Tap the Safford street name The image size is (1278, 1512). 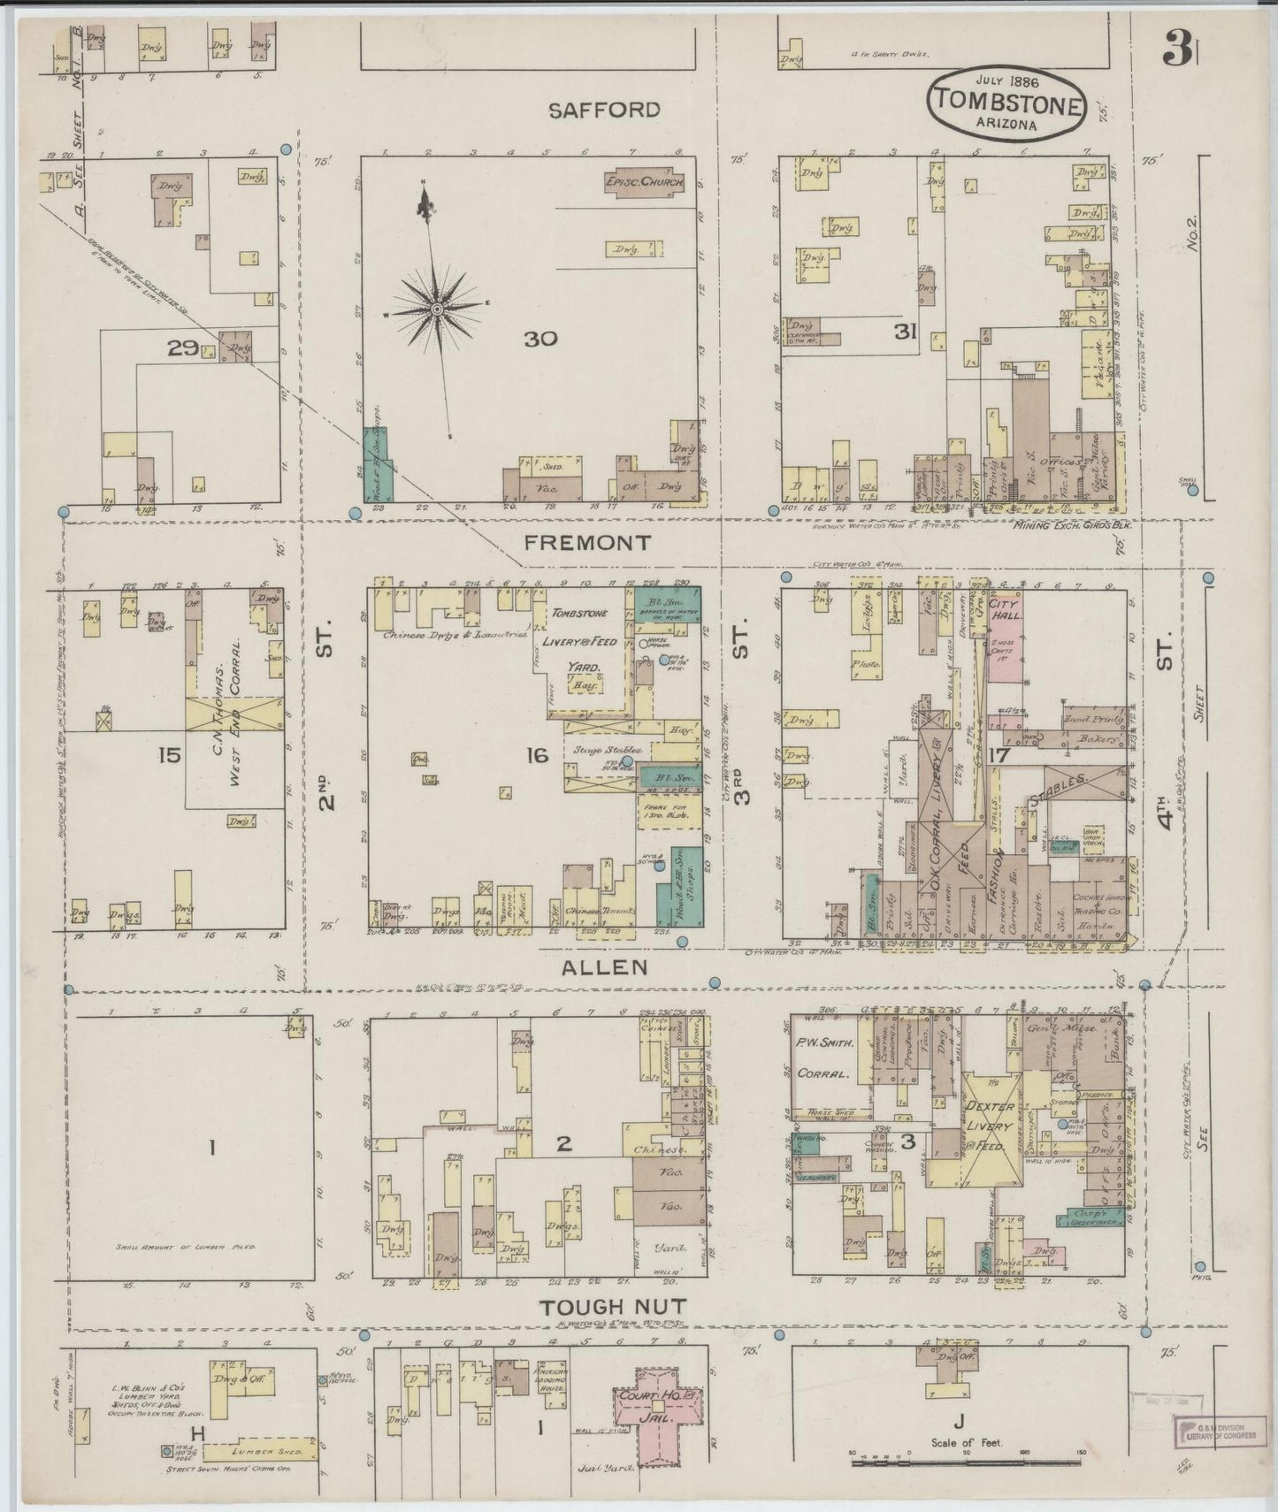[x=603, y=110]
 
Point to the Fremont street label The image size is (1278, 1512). [x=587, y=542]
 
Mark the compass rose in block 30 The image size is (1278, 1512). [x=436, y=307]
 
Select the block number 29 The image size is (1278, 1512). [x=185, y=348]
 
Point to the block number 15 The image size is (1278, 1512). [x=169, y=755]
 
